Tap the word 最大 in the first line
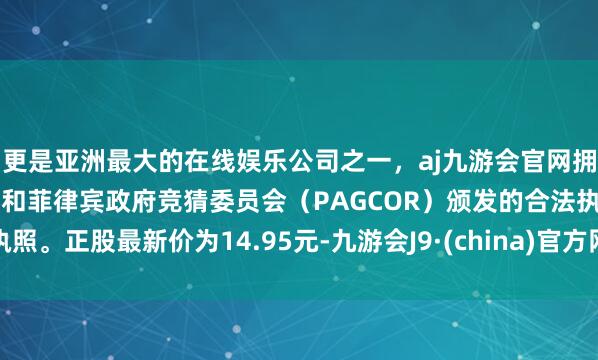click(120, 157)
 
